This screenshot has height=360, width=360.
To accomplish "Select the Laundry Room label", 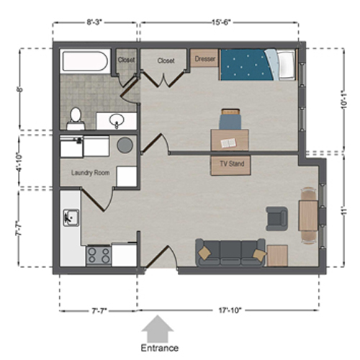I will pyautogui.click(x=90, y=173).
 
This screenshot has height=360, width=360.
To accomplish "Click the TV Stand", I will pyautogui.click(x=231, y=164).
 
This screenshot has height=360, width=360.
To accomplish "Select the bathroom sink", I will pyautogui.click(x=117, y=120).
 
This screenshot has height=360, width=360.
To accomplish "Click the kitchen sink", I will pyautogui.click(x=71, y=215).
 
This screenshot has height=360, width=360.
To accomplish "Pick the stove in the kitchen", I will pyautogui.click(x=99, y=254).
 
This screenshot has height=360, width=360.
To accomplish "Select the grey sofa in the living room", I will pyautogui.click(x=228, y=252).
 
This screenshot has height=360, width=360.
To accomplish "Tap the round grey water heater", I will pyautogui.click(x=125, y=144).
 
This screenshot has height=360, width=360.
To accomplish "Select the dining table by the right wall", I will pyautogui.click(x=308, y=212).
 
